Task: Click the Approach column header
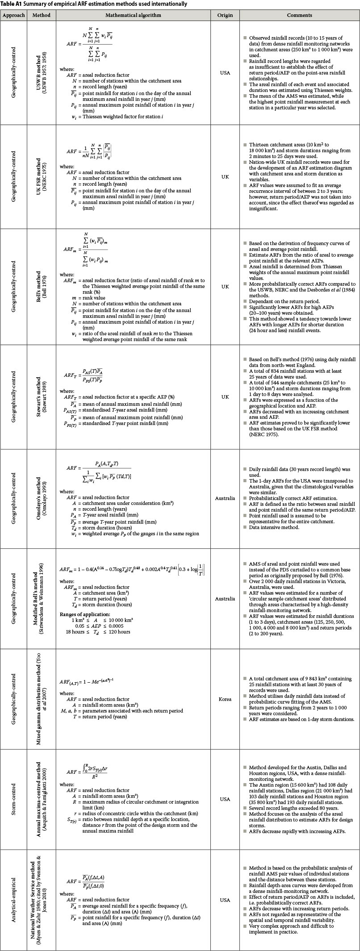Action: click(x=13, y=15)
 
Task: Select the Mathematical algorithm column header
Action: click(x=133, y=15)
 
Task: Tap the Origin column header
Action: click(x=225, y=15)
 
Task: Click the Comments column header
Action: click(x=299, y=15)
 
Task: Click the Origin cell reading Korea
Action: click(x=225, y=699)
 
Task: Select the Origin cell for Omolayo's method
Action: click(x=225, y=498)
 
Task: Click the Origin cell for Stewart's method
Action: click(x=225, y=396)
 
